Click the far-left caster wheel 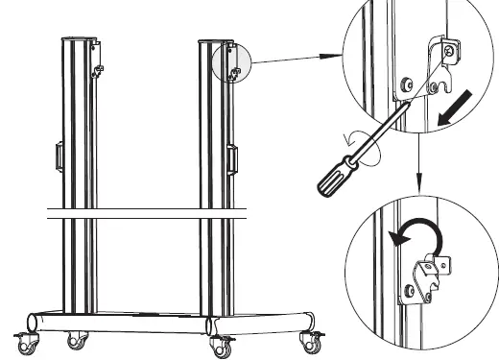pos(26,340)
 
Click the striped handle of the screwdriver pos(335,163)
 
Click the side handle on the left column pos(59,156)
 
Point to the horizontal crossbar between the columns pos(144,214)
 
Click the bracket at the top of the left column pos(95,54)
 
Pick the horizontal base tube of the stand pos(168,321)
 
